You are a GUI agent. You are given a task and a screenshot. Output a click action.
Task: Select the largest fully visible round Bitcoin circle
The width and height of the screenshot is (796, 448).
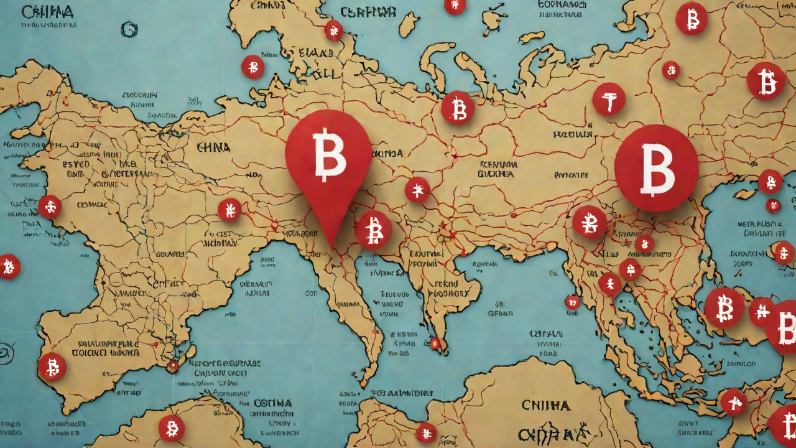[656, 168]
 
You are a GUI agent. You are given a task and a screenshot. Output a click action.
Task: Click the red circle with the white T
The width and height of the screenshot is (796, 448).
[608, 100]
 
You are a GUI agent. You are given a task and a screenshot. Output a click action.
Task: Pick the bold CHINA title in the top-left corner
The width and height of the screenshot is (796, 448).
[47, 12]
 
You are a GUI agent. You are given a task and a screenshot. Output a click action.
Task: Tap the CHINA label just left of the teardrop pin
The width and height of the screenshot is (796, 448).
[213, 148]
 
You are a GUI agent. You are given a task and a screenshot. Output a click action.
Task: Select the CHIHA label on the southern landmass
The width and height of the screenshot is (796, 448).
[545, 406]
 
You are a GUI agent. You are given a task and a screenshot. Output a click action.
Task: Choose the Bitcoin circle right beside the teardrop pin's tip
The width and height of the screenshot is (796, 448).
[373, 230]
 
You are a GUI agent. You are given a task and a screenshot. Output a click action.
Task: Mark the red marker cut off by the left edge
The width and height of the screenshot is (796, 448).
[9, 266]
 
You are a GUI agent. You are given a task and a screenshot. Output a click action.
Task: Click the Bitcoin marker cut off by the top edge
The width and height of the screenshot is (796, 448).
[455, 6]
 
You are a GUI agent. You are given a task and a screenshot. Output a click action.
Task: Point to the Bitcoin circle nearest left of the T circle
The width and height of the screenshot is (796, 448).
[458, 108]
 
